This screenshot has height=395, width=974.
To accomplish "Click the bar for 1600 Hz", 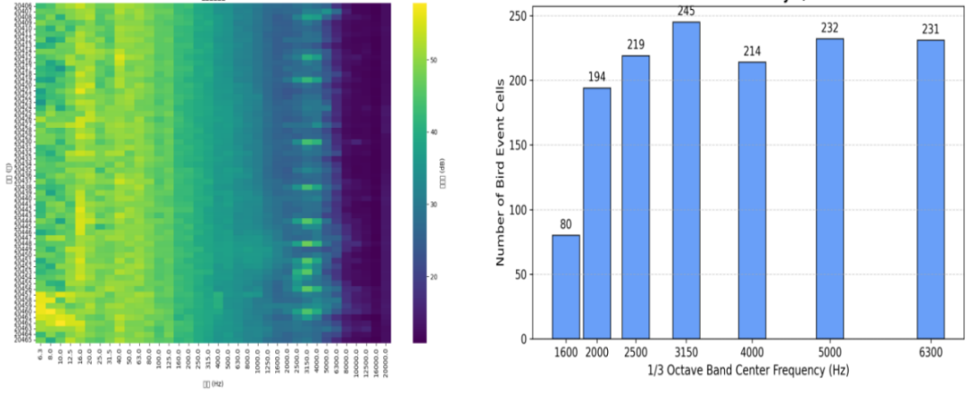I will tap(565, 287).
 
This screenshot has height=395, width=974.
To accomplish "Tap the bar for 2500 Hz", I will tap(635, 197).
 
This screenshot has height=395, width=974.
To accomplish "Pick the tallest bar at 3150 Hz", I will tap(686, 180).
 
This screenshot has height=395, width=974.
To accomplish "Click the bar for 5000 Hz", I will tap(830, 188).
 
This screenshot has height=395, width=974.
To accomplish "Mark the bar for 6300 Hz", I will tap(931, 189).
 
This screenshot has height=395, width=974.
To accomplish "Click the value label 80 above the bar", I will tap(565, 225).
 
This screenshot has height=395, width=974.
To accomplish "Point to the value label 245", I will tap(686, 12).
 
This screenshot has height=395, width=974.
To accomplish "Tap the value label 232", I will tap(830, 28).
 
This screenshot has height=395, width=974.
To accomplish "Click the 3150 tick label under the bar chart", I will tap(686, 352).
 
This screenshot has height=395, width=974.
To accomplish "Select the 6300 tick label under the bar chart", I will tap(931, 352).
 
